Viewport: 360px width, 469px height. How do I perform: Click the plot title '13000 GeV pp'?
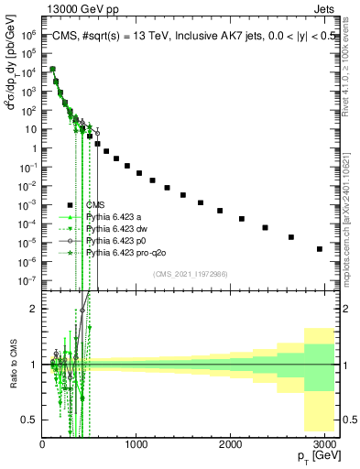76,8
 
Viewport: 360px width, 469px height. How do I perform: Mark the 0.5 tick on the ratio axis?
30,420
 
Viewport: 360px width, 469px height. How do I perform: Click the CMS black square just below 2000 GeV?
220,211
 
